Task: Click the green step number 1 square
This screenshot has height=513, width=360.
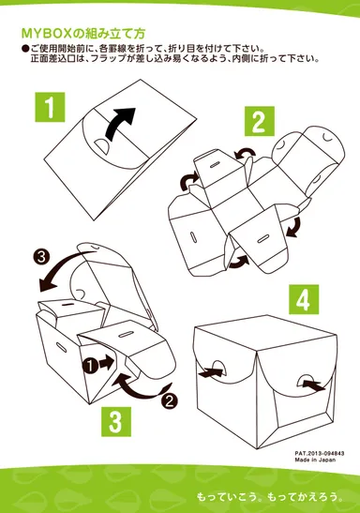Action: (x=50, y=107)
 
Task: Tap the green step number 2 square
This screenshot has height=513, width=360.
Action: (x=260, y=121)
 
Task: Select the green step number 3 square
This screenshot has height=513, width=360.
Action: (x=116, y=422)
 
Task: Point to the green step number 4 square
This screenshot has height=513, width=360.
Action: (x=304, y=299)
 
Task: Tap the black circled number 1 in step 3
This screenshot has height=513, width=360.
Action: (x=90, y=366)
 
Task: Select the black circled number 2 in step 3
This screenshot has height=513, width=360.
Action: (x=170, y=401)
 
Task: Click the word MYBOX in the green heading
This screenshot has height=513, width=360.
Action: (x=46, y=34)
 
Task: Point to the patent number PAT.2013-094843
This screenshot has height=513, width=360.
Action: (x=320, y=454)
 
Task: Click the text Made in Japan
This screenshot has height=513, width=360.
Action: (x=315, y=460)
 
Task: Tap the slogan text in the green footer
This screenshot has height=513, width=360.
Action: (x=270, y=497)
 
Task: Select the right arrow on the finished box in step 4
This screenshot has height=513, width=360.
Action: (x=313, y=385)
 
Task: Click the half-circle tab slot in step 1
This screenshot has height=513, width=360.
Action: (x=101, y=146)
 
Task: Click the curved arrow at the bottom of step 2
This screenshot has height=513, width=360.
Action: (x=238, y=262)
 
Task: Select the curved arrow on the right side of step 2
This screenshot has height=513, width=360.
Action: (x=294, y=227)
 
